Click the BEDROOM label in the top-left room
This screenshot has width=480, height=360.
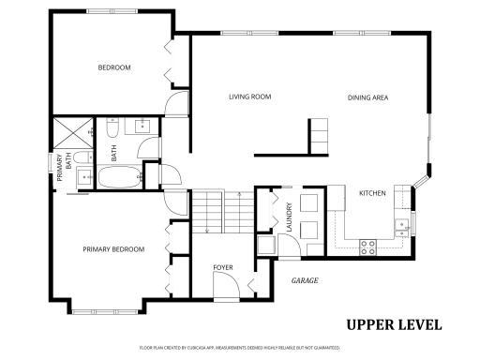(114, 67)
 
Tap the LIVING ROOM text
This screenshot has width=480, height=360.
(249, 97)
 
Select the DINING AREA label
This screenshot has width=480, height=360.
(367, 97)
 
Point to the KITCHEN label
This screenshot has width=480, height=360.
(372, 193)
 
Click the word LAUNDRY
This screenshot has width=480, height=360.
(291, 217)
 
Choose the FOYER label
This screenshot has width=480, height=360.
(222, 268)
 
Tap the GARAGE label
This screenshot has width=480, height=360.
(305, 280)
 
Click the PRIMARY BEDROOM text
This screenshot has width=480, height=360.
(113, 249)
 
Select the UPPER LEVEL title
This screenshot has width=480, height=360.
(394, 325)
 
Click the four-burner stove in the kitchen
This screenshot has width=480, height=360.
(368, 247)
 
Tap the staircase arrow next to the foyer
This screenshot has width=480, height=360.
(205, 221)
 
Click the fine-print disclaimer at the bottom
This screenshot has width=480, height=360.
(239, 347)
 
